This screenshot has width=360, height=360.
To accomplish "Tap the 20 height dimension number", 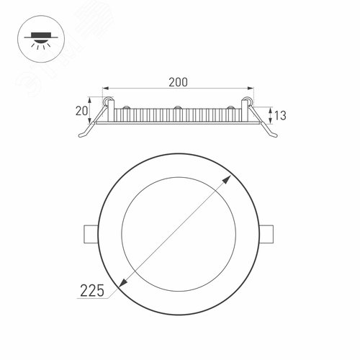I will [81, 110].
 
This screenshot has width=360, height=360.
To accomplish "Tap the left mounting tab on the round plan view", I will [90, 235].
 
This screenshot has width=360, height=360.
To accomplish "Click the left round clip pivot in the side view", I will [108, 102].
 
